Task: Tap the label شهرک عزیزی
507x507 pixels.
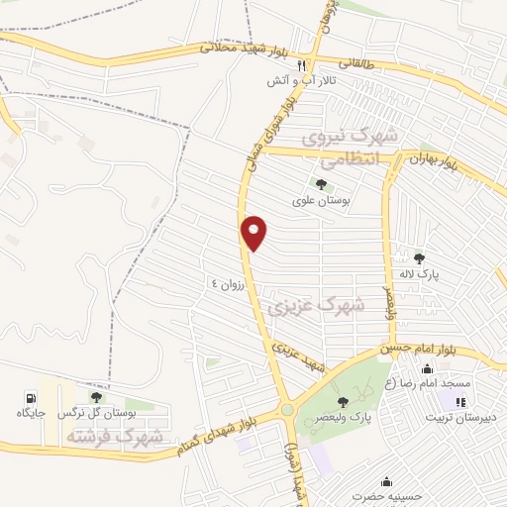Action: tap(322, 307)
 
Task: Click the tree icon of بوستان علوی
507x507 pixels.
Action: tap(320, 183)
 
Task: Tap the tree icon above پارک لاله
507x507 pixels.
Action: tap(419, 258)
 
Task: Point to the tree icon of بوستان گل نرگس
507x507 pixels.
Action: tap(96, 396)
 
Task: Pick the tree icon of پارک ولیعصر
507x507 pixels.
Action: tap(343, 401)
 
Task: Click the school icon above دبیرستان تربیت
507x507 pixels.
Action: tap(459, 401)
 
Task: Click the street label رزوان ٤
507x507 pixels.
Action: tap(225, 284)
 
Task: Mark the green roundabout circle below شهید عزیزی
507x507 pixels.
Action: tap(287, 409)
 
